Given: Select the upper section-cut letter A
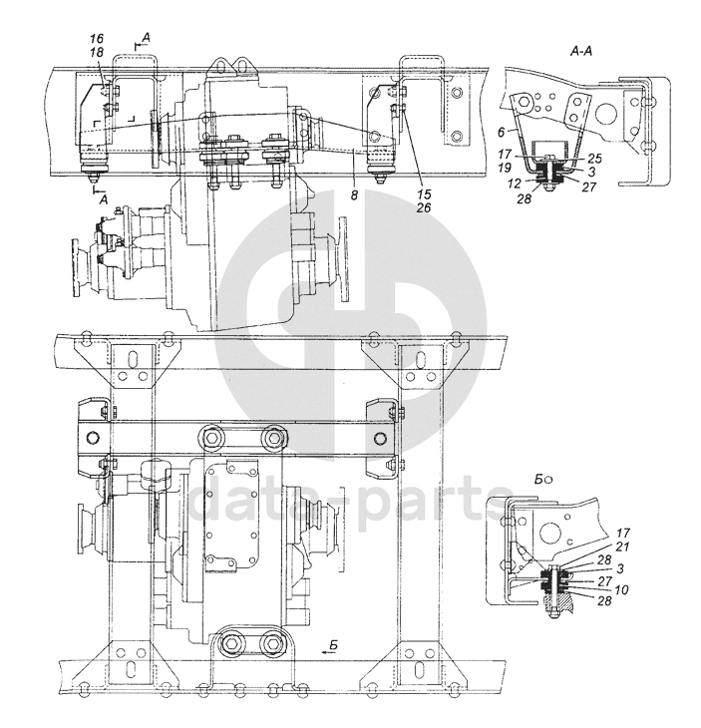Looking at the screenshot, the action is coord(146,37).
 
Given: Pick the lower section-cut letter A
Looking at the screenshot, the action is coord(104,199).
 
